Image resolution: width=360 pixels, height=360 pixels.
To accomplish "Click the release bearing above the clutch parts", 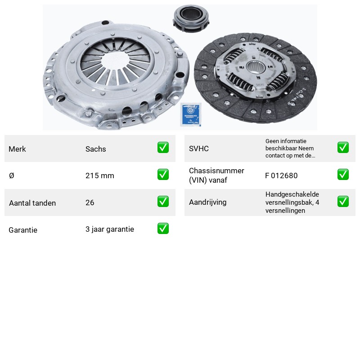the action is [191, 19].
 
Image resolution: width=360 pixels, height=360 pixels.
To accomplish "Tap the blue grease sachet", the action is [190, 114].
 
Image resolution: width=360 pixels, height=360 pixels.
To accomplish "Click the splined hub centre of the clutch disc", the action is [256, 67].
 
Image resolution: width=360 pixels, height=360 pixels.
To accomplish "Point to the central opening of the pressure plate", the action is [114, 61].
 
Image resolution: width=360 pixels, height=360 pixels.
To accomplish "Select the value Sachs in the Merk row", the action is [96, 149].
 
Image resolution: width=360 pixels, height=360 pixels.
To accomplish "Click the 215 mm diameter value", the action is [99, 175].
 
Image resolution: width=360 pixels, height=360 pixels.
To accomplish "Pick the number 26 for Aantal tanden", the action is [90, 202].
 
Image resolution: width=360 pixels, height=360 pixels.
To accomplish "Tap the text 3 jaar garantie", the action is [110, 229].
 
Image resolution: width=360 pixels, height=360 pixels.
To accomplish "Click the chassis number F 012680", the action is [281, 175].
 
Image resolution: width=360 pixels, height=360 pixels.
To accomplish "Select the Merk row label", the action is [17, 149].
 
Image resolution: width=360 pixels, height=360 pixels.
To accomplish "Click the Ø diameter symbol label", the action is [12, 175].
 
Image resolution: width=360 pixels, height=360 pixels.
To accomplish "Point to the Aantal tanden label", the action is [32, 203].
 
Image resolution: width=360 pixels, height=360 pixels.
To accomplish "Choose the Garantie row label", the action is [23, 230].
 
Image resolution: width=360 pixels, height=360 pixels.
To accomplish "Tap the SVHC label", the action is [199, 148].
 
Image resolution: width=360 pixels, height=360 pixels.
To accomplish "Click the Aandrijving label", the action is [208, 202].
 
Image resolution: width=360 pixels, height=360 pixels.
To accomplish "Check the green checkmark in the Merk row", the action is [163, 148].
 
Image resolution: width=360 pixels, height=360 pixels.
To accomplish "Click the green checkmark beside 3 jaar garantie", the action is [163, 229].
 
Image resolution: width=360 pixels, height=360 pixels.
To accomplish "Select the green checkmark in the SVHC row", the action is [343, 148].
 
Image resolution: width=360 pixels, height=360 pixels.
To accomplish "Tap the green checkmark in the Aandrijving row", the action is [343, 201].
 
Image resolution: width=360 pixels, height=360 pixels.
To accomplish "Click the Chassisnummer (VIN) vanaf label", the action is [216, 175].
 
